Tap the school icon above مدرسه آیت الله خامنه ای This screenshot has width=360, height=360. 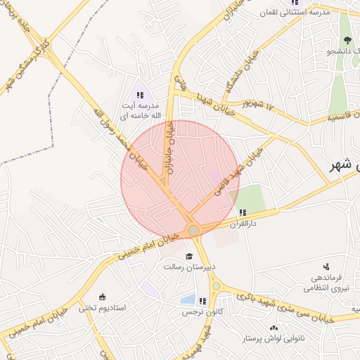139,95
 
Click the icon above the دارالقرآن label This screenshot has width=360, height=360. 243,212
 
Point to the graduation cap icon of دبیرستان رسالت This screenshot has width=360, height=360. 188,256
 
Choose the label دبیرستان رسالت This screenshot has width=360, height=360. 189,268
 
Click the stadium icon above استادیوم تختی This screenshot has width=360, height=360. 103,296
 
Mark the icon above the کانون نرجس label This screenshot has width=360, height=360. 203,301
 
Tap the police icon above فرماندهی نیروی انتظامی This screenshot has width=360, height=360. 326,266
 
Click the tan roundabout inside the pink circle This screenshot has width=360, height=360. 193,230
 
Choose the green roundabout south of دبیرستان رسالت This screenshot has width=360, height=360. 216,285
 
